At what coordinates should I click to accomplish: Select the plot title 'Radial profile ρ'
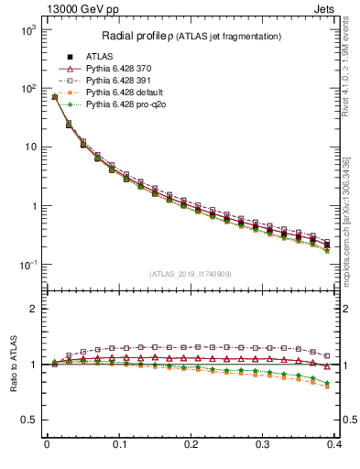tap(137, 37)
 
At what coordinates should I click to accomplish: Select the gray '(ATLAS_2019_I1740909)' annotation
tap(191, 275)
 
